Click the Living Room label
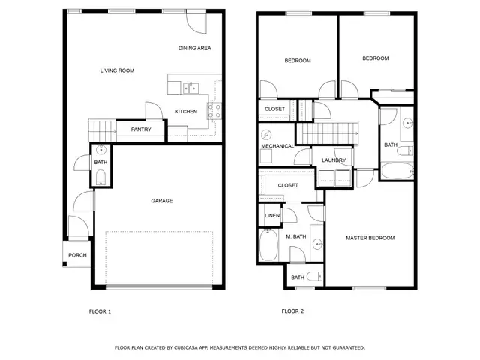(x=117, y=70)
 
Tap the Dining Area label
(x=194, y=48)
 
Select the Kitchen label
(x=186, y=112)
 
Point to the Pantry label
(x=141, y=130)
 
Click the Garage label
(x=162, y=201)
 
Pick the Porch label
(x=77, y=255)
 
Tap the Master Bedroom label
(x=370, y=238)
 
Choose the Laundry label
(x=334, y=160)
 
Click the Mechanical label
(x=277, y=146)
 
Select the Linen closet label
(x=271, y=216)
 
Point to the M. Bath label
(x=295, y=237)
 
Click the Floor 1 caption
(x=100, y=310)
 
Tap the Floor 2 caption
(x=292, y=310)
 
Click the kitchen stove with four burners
(x=213, y=111)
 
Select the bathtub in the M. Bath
(x=268, y=244)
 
